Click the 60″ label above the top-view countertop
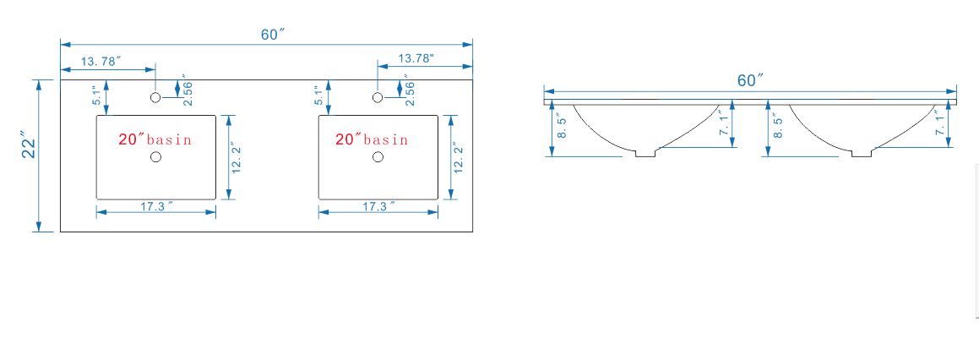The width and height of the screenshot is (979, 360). coord(273,35)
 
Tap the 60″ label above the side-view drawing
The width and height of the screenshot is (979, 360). coord(751,80)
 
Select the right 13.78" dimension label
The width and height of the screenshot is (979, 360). coord(416,59)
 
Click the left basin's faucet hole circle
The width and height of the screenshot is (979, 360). coord(155,97)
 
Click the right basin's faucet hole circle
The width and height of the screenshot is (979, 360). coord(377,97)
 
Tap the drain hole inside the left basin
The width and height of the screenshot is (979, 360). coord(155,157)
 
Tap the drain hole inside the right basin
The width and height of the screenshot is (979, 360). coord(377,157)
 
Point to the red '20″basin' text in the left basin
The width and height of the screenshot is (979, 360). coord(155,139)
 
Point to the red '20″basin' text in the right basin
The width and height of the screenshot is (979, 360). coord(372,139)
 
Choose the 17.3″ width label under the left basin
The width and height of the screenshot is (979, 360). coord(156,206)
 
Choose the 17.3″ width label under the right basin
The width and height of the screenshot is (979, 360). coord(378,206)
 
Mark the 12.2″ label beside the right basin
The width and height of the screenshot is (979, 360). coord(459,158)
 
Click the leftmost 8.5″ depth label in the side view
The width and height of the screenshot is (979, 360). coord(562,126)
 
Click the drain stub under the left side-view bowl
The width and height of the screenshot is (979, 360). coord(645,153)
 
